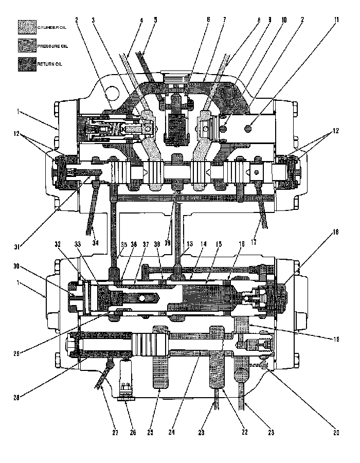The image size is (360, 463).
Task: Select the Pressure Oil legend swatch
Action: [26, 46]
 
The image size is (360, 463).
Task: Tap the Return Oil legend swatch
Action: [26, 64]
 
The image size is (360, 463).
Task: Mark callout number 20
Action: [335, 433]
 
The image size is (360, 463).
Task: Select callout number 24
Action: [172, 433]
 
